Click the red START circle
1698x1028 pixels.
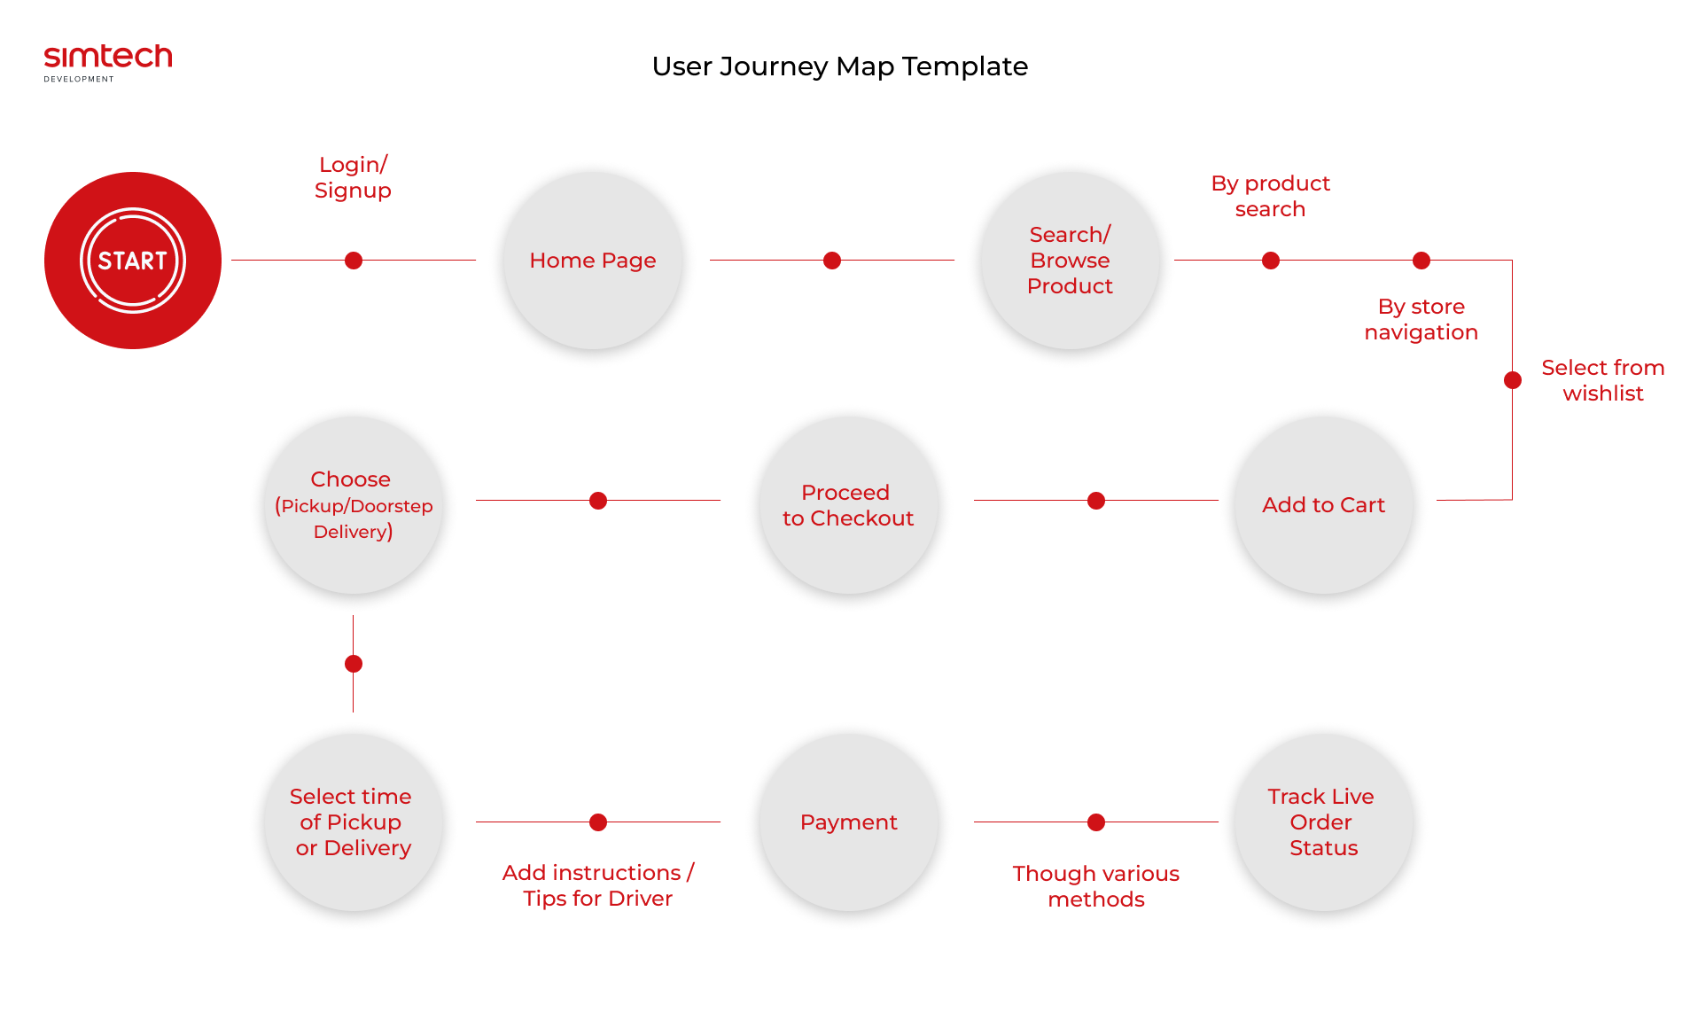[133, 261]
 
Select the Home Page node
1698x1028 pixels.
[593, 261]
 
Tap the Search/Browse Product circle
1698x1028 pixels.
[1071, 261]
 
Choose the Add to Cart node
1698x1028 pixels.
[1324, 505]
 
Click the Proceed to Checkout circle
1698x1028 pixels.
[849, 505]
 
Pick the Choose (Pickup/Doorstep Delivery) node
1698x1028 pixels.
[354, 505]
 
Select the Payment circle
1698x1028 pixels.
[849, 822]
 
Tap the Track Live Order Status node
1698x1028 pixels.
[1324, 822]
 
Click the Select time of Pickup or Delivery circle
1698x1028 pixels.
[354, 822]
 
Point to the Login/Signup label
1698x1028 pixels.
[353, 177]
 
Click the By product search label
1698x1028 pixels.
[1270, 196]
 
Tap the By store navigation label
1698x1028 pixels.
[1421, 319]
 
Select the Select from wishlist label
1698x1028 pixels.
[1603, 380]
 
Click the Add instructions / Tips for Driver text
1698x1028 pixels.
[598, 885]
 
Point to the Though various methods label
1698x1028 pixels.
[1096, 886]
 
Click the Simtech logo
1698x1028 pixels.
[108, 62]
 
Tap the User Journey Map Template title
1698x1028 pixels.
[840, 66]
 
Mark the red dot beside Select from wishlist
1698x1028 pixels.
[1513, 380]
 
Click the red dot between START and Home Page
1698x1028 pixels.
[354, 261]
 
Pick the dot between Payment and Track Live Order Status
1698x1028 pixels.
[1096, 822]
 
